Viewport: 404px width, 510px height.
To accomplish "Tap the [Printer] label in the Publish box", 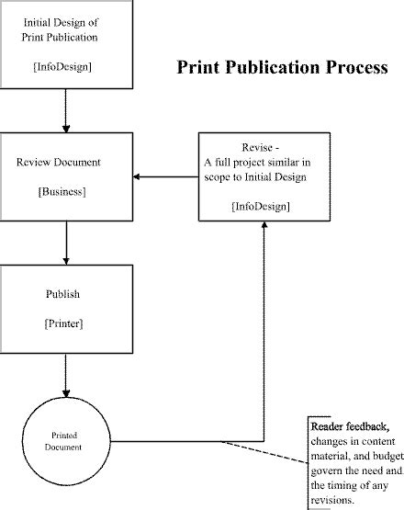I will tap(64, 324).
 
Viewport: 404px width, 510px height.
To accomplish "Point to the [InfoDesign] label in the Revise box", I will tap(262, 206).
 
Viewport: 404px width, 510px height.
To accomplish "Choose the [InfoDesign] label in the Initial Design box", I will tap(62, 67).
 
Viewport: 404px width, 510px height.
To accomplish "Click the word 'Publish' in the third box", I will tap(63, 294).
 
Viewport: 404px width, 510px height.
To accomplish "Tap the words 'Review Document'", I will tap(59, 163).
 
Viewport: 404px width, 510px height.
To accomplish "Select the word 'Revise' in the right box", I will tap(258, 147).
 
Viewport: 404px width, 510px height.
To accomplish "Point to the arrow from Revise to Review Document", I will tap(165, 176).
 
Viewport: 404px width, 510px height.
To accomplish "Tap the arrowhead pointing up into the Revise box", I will tap(264, 226).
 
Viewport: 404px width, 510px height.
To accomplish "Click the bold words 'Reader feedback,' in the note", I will tap(349, 427).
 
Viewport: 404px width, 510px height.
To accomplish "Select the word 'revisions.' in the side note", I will tap(332, 501).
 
